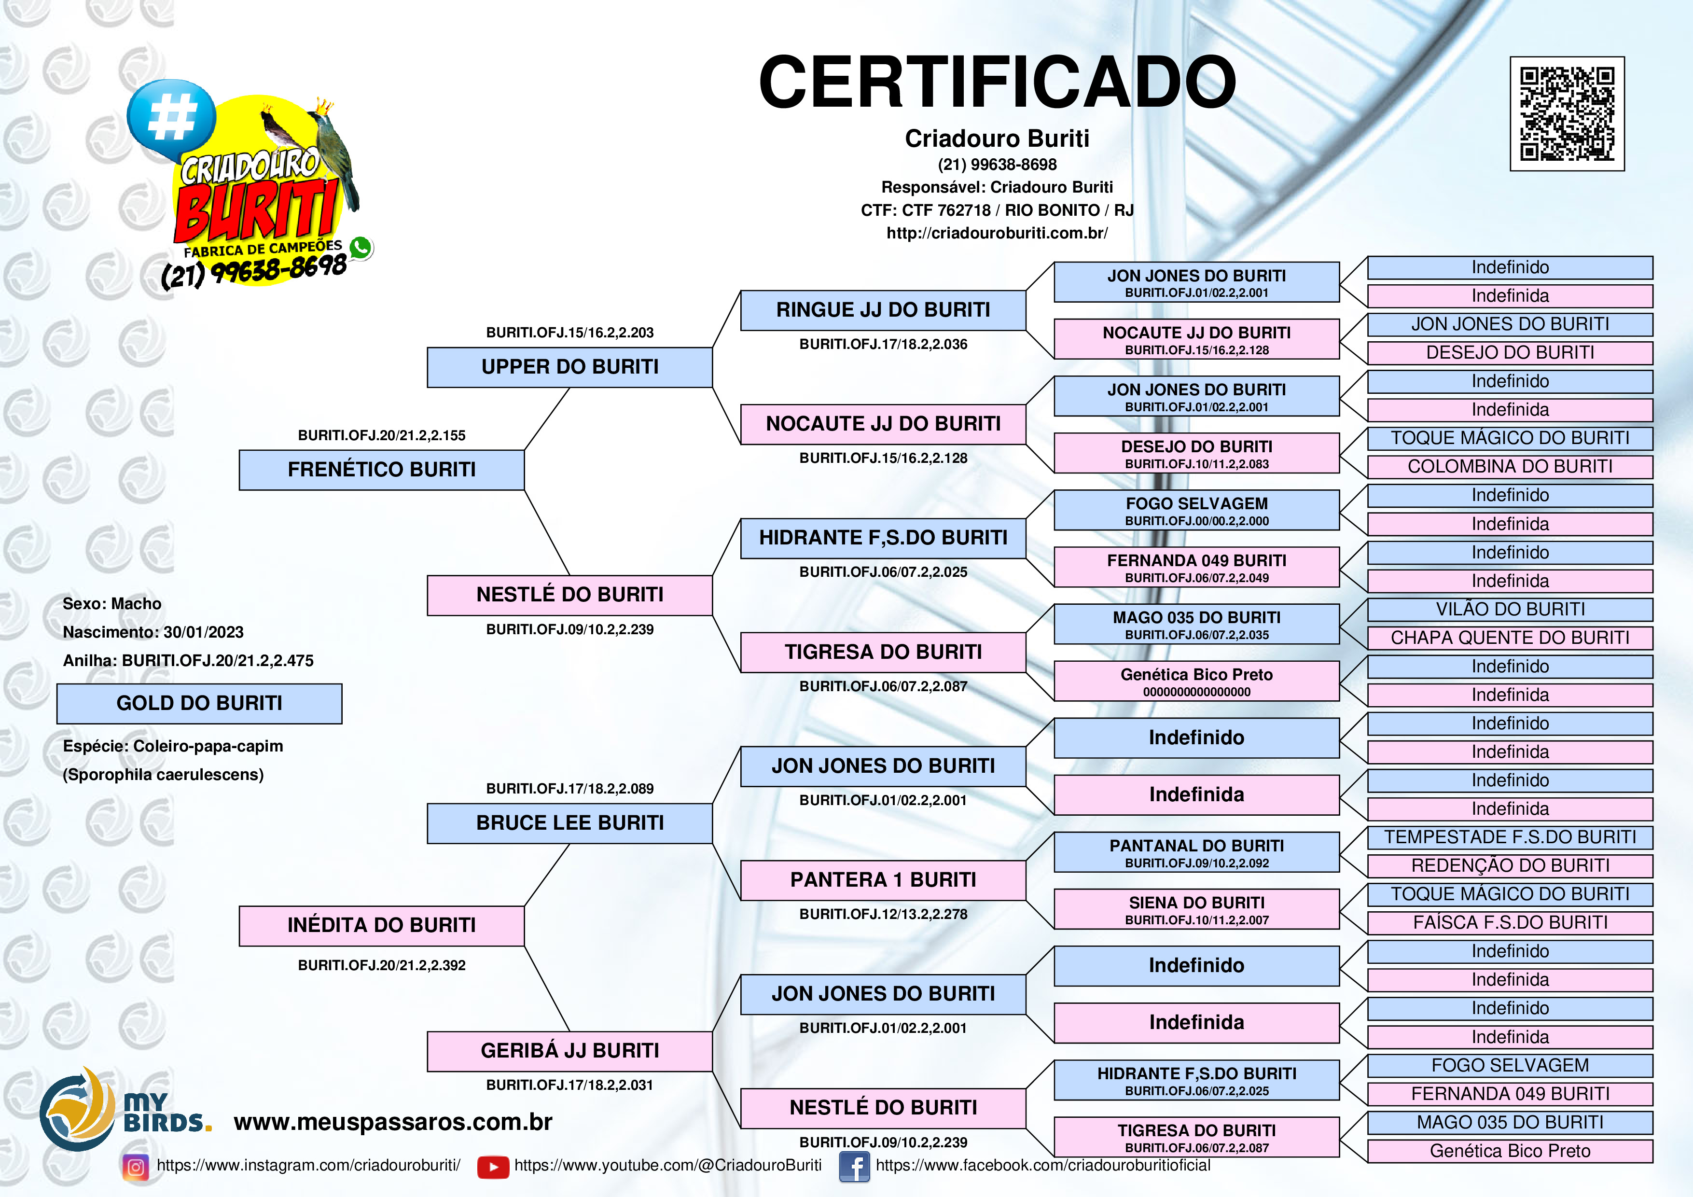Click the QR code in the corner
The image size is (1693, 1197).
[1567, 113]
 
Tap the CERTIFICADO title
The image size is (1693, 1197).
[997, 82]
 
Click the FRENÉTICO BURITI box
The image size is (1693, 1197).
[382, 470]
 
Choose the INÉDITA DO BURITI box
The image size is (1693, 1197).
[382, 926]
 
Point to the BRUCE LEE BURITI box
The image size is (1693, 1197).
[570, 823]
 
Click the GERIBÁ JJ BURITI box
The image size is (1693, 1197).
[570, 1051]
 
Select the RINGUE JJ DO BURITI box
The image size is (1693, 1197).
[883, 310]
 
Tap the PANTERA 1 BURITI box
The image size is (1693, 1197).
[883, 880]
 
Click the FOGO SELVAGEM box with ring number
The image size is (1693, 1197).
[1197, 510]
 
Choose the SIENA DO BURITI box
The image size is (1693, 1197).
[1197, 909]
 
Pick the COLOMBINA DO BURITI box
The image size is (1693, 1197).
[1510, 467]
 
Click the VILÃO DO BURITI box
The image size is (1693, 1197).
[1510, 609]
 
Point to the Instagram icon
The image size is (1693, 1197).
[136, 1167]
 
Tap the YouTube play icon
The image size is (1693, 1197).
[493, 1167]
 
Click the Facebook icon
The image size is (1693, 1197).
[855, 1167]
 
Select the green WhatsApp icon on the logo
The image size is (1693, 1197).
[361, 248]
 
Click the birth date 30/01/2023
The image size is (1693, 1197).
[204, 632]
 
